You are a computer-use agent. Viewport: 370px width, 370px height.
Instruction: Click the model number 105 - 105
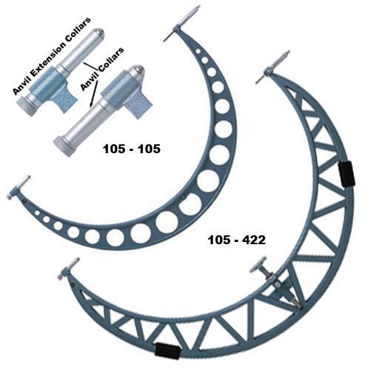click(x=132, y=149)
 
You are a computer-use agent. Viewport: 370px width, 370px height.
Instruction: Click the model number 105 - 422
click(x=237, y=240)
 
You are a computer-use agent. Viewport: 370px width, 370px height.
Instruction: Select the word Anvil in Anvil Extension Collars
click(x=19, y=86)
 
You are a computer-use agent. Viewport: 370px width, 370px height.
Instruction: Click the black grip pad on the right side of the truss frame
click(x=346, y=174)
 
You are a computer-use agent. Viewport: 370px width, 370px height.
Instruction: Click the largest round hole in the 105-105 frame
click(x=209, y=181)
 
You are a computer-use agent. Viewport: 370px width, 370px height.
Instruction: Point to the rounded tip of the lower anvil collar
click(x=138, y=70)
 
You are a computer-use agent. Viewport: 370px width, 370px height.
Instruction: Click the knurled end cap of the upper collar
click(x=26, y=107)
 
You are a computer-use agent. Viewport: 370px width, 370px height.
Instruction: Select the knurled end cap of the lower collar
click(x=63, y=147)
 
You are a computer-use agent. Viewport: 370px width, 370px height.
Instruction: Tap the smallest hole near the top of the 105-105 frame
click(x=198, y=51)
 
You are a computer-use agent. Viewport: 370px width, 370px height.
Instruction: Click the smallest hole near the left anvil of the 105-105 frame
click(x=37, y=213)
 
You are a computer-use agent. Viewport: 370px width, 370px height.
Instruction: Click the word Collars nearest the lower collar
click(x=110, y=60)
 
